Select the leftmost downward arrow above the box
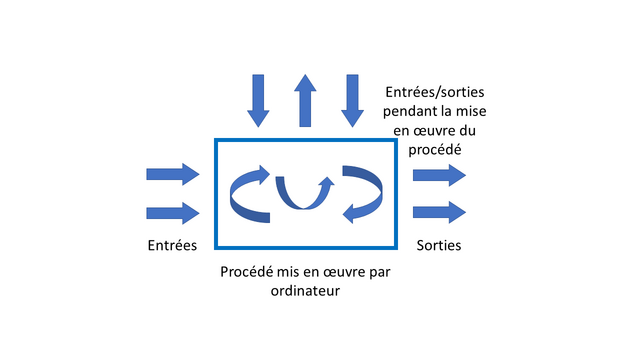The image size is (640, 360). (x=259, y=99)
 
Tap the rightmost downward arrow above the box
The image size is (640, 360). (x=351, y=99)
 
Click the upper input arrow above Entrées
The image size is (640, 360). (x=173, y=175)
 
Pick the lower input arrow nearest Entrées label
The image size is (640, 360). (x=173, y=212)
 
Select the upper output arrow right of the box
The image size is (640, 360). (x=439, y=175)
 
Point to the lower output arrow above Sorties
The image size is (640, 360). (x=439, y=212)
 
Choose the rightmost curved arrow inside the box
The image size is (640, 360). (x=362, y=192)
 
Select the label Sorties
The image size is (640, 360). (x=439, y=244)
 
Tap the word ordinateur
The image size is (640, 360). (x=305, y=292)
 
